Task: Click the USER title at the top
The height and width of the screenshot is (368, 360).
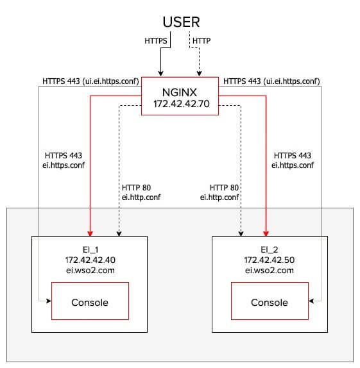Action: pos(181,22)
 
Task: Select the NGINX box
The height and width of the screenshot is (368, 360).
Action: pos(179,97)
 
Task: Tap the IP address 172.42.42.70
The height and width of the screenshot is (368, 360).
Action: pos(179,103)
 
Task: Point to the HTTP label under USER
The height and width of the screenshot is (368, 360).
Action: pos(201,41)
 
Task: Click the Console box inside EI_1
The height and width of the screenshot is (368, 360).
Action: pos(89,301)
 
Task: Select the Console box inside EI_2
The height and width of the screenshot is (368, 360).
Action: pos(269,301)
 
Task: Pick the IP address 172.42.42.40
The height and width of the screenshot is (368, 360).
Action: pos(89,260)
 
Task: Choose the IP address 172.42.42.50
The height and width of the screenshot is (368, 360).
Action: pos(269,260)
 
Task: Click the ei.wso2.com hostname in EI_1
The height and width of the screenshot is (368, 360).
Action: pos(89,271)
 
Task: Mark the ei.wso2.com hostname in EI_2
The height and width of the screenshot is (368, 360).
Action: pos(269,271)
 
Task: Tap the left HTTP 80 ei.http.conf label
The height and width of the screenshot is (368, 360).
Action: pos(141,192)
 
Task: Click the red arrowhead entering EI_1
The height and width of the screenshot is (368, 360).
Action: pos(90,232)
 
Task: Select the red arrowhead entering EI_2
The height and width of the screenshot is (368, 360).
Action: pos(265,232)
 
